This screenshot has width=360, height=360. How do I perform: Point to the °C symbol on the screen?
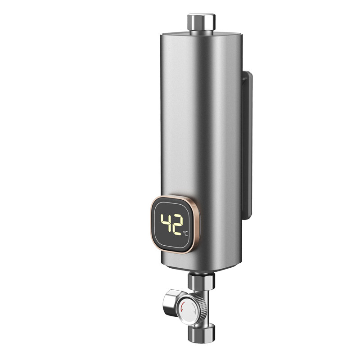click(x=185, y=233)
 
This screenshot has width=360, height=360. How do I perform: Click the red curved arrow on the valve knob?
click(x=183, y=307)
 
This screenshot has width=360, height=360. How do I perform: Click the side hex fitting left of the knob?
click(x=171, y=302)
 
